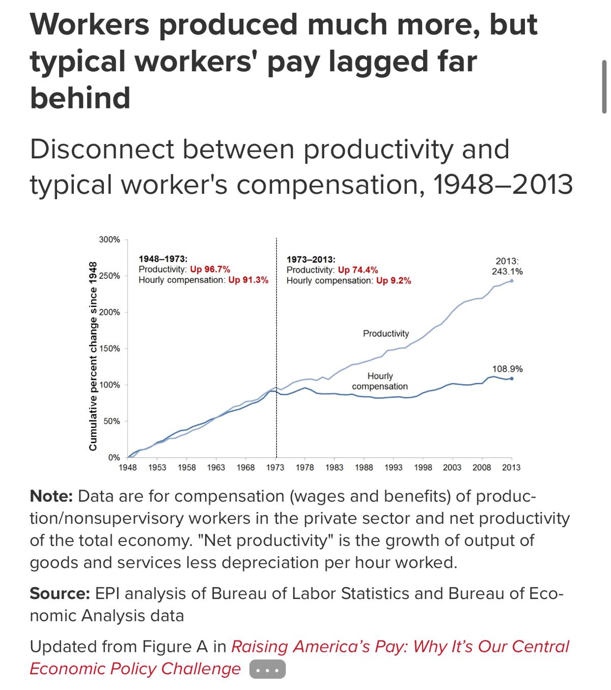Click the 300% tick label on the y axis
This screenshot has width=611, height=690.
point(109,239)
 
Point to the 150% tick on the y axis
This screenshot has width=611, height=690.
point(109,349)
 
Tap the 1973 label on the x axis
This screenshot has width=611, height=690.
point(275,467)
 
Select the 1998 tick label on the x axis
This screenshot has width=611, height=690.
point(423,467)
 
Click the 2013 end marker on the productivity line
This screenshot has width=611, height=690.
point(512,280)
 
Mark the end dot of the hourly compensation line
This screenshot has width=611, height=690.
point(512,379)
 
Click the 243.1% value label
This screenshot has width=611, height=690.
point(507,272)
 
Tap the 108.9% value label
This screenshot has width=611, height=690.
point(507,369)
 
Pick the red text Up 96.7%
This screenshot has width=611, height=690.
point(210,269)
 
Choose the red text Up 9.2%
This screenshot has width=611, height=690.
point(394,280)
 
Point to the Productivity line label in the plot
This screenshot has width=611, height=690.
point(385,333)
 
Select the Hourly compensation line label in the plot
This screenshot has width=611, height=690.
point(380,381)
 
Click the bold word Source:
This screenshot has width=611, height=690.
point(60,593)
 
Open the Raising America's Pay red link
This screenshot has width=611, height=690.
point(400,646)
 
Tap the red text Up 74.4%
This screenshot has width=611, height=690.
point(357,270)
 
